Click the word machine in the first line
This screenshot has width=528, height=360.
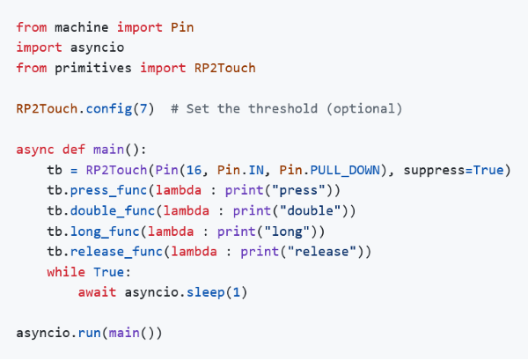coord(82,27)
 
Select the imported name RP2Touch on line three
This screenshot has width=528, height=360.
coord(225,68)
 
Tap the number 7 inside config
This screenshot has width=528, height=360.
coord(143,109)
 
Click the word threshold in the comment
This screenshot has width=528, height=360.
coord(282,109)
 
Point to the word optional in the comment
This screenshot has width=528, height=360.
coord(364,109)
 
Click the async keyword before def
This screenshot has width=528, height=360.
coord(35,150)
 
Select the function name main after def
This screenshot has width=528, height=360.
coord(108,150)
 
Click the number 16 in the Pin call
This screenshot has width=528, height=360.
coord(194,170)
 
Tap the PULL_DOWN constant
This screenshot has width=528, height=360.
coord(345,171)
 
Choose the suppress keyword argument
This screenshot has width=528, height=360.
coord(434,171)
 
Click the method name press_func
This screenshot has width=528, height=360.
coord(108,191)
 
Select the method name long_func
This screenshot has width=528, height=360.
coord(105,231)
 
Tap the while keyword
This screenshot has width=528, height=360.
coord(66,272)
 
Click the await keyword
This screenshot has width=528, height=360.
coord(97,292)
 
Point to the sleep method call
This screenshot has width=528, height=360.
coord(205,292)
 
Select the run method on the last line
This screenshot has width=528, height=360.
coord(90,333)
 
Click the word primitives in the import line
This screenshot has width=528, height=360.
coord(93,68)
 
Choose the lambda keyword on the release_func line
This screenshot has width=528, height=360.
coord(194,252)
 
